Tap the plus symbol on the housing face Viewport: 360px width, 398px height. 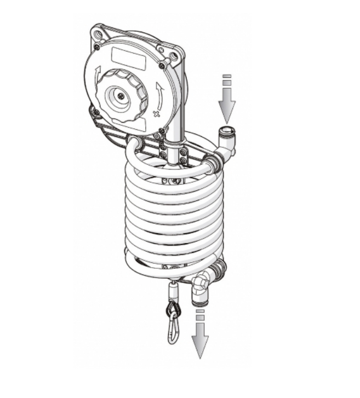click(x=156, y=114)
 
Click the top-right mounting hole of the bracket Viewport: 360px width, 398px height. click(x=176, y=56)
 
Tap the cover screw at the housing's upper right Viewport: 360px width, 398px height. click(x=161, y=67)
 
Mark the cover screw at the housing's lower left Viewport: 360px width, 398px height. click(x=96, y=112)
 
